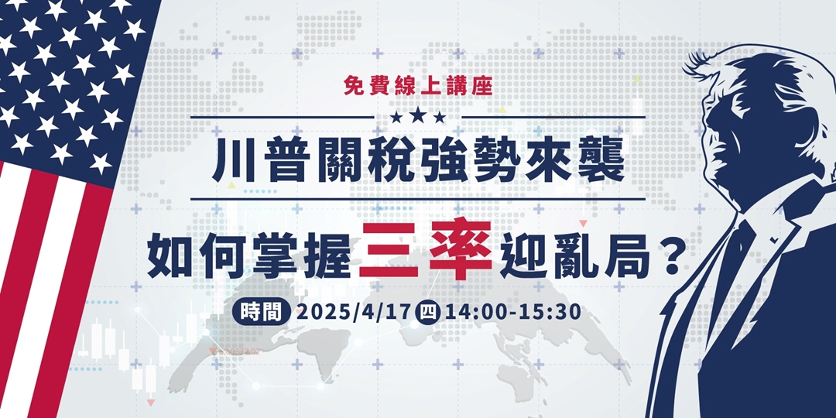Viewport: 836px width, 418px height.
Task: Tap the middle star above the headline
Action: pyautogui.click(x=418, y=117)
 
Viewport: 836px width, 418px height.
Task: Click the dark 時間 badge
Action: pyautogui.click(x=261, y=313)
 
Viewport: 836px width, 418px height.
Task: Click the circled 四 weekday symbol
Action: pyautogui.click(x=427, y=313)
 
